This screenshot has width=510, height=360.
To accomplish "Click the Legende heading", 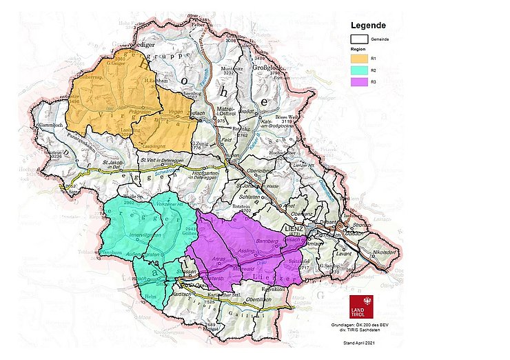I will coord(371,26).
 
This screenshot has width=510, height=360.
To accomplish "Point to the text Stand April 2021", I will coord(361,342).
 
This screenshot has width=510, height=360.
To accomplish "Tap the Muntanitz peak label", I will coord(232,69).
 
